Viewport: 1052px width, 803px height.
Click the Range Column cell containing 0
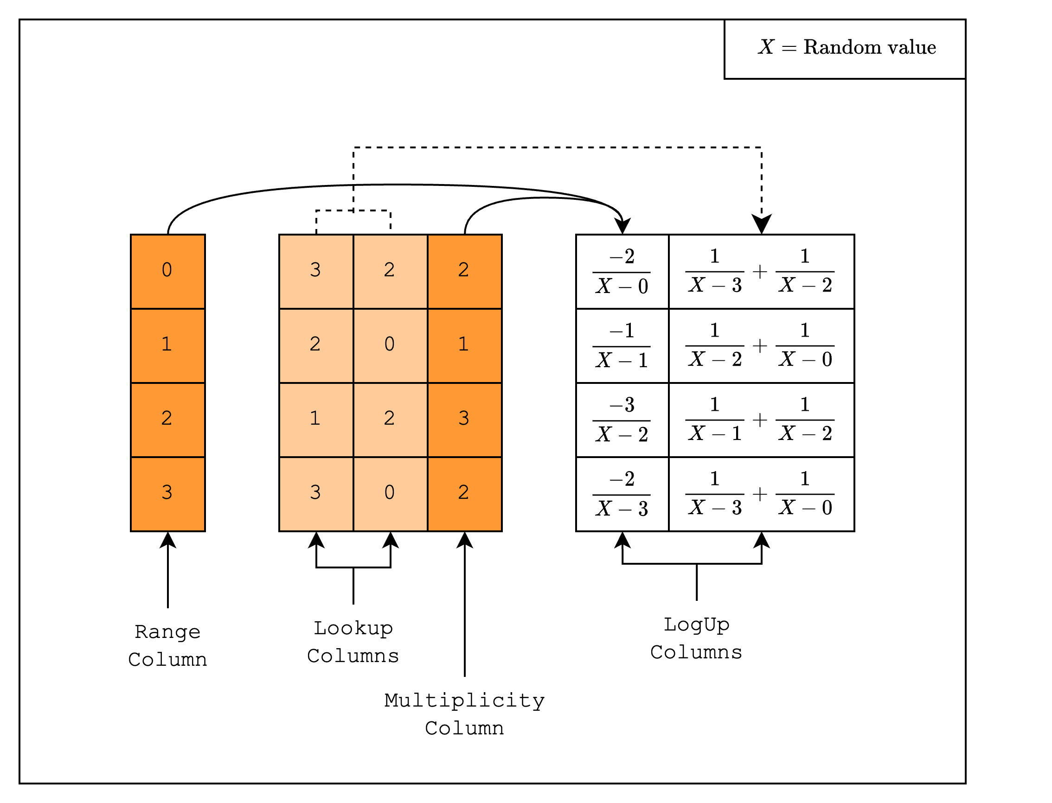[168, 271]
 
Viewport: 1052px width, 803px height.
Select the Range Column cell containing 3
[168, 494]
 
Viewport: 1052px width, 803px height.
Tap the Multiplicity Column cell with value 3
[464, 419]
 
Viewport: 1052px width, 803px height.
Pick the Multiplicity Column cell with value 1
[464, 345]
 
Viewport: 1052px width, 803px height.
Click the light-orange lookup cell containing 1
[315, 419]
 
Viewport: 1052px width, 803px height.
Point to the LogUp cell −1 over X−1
[622, 345]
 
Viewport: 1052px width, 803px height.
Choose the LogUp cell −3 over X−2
[622, 419]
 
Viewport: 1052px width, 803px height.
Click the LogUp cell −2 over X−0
[622, 271]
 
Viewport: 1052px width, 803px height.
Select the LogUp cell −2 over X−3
[622, 494]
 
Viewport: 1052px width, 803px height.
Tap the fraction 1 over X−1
[714, 419]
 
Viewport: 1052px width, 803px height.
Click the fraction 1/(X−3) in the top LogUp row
[714, 271]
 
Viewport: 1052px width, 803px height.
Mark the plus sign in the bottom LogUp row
[760, 494]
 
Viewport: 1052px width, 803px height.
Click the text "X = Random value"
[847, 47]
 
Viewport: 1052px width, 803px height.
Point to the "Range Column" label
[168, 646]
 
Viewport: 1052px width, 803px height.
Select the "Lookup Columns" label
[353, 642]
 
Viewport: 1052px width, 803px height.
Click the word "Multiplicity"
[464, 701]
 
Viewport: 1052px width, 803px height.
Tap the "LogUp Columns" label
[696, 638]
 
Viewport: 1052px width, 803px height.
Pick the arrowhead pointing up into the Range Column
[168, 540]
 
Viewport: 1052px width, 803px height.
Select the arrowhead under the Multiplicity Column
[464, 540]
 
